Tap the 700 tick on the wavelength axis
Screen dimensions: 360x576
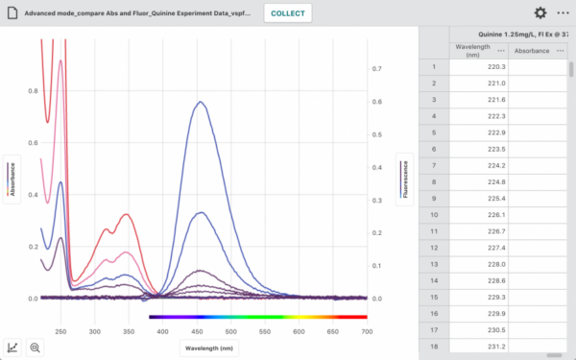point(367,331)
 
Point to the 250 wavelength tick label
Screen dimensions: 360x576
point(60,331)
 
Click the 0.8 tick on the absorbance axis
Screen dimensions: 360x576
point(32,91)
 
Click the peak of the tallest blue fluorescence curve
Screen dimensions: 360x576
point(201,102)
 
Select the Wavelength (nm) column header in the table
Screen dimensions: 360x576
point(472,50)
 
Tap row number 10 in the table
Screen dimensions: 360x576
point(434,214)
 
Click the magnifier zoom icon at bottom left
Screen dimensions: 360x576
point(36,348)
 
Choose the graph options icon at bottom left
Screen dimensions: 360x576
point(14,348)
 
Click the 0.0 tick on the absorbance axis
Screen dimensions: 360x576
point(32,299)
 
